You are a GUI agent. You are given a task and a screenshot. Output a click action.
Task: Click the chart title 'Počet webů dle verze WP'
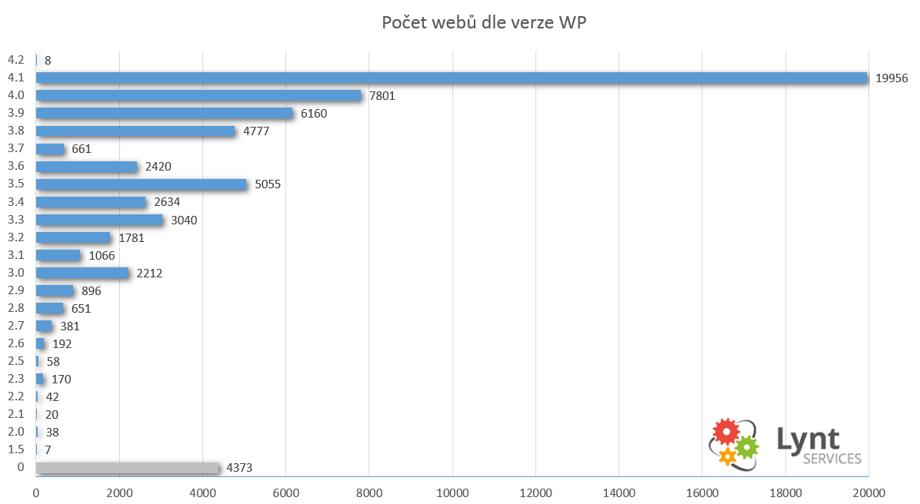(484, 22)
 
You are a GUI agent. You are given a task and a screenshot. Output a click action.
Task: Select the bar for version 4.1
(452, 78)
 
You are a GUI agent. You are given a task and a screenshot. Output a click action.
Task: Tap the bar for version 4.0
(199, 95)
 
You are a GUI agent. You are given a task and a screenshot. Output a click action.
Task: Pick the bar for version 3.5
(142, 184)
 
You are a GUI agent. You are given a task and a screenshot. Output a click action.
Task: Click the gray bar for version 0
(128, 468)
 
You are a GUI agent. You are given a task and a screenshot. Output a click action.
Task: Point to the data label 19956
(892, 78)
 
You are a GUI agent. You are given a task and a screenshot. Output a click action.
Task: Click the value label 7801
(382, 95)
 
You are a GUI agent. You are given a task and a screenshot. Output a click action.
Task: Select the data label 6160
(314, 113)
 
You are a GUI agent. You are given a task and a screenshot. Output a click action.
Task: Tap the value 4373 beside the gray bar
(239, 468)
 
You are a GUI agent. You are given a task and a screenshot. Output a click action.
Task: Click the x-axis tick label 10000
(452, 493)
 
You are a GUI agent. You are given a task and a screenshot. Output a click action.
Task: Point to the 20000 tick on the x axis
(869, 493)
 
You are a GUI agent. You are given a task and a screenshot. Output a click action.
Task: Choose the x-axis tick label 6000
(285, 493)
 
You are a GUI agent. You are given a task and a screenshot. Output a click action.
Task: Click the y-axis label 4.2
(16, 60)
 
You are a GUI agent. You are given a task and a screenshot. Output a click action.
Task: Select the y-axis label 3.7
(16, 148)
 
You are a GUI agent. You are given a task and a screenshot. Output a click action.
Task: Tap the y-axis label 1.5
(16, 449)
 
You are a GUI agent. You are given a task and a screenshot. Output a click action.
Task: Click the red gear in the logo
(726, 433)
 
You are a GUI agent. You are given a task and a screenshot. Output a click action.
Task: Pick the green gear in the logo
(746, 448)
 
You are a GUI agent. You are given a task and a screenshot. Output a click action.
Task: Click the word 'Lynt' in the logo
(808, 439)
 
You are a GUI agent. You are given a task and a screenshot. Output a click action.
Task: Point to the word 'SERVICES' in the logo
(832, 459)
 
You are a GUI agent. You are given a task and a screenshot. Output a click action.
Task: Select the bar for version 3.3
(100, 220)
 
